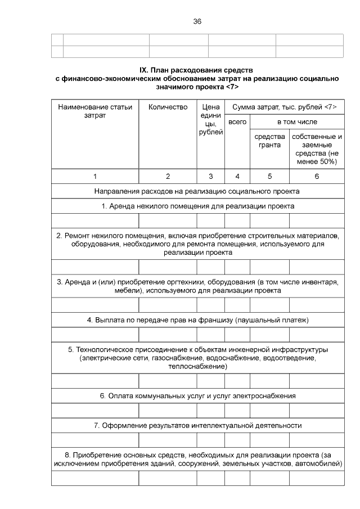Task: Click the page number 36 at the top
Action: coord(197,21)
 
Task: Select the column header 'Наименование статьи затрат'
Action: coord(94,111)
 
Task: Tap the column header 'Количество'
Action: coord(168,107)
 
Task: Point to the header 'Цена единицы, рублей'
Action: coord(211,119)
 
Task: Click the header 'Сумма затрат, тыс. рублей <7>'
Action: coord(284,107)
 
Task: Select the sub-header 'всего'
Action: coord(237,121)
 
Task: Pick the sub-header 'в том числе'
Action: coord(296,121)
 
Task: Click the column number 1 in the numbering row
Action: coord(94,176)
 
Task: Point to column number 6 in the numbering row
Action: coord(317,176)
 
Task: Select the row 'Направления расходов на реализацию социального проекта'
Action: coord(197,191)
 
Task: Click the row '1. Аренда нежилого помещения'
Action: coord(197,206)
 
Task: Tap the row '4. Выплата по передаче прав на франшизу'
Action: coord(197,321)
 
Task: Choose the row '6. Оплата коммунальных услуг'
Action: coord(197,396)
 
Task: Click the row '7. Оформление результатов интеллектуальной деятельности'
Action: coord(197,426)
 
